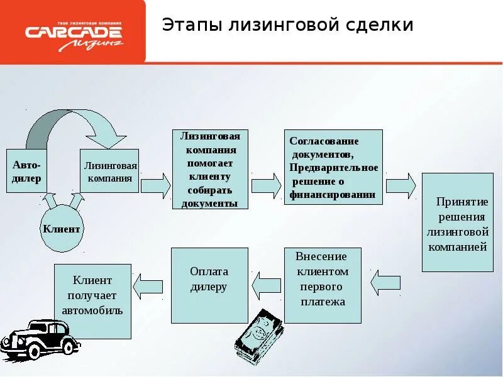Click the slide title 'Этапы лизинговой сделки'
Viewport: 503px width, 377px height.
tap(287, 25)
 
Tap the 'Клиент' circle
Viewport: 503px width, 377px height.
tap(62, 229)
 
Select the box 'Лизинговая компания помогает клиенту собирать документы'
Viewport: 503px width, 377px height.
tap(210, 169)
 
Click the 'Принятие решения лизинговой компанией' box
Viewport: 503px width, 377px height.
tap(457, 222)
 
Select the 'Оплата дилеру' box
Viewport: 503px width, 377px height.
tap(209, 285)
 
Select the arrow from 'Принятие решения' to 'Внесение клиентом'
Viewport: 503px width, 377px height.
tap(385, 283)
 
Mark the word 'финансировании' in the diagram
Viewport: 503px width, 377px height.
tap(332, 195)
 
